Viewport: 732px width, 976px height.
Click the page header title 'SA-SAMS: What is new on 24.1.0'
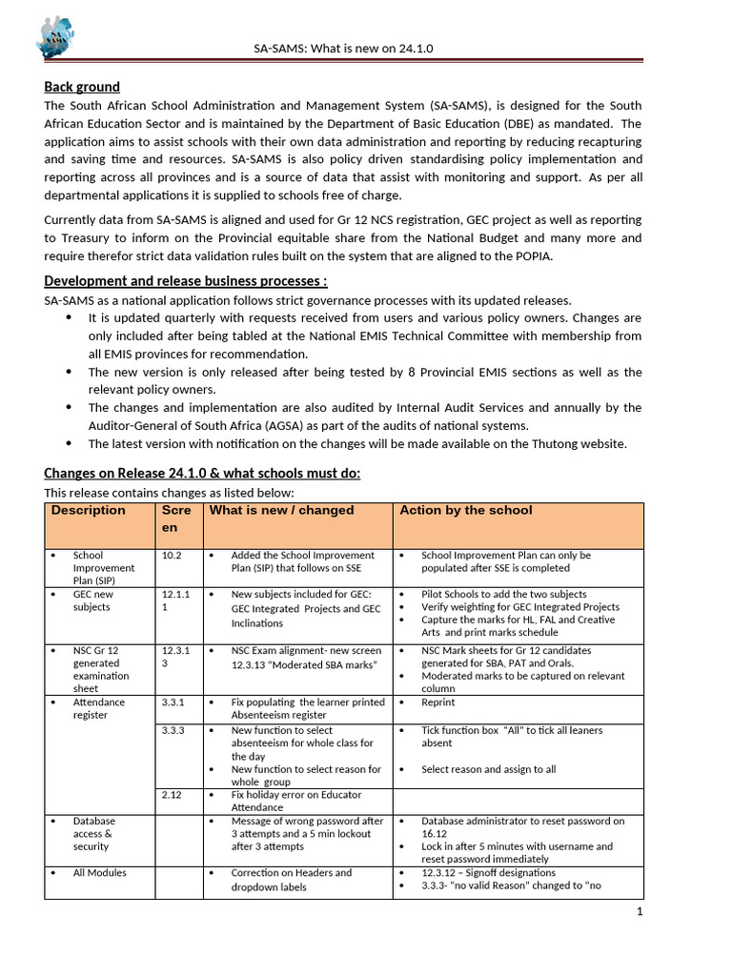(343, 48)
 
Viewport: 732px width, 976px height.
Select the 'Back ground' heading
(82, 87)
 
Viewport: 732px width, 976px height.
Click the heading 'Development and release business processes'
(186, 280)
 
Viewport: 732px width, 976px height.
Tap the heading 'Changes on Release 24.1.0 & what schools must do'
(202, 474)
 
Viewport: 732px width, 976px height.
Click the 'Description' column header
(89, 511)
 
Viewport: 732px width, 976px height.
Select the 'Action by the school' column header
(466, 511)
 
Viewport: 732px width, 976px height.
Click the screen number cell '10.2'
(173, 555)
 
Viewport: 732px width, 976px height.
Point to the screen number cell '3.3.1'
(173, 702)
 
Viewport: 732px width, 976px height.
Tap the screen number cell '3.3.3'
(173, 730)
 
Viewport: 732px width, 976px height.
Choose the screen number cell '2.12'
(172, 794)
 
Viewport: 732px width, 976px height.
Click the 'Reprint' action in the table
(438, 702)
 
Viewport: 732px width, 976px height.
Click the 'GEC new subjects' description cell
(93, 600)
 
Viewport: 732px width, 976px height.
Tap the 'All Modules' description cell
(99, 872)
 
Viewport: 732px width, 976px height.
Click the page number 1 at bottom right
(640, 911)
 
